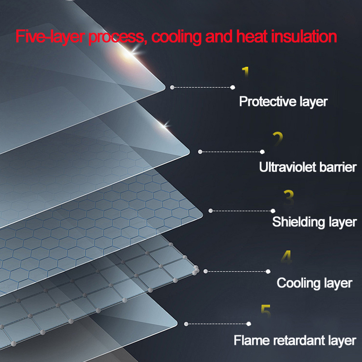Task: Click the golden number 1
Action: (245, 73)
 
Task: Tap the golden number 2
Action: (278, 138)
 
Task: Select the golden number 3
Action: (288, 197)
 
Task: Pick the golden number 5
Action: (266, 312)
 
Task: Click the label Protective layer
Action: (283, 101)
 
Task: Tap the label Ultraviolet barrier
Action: (308, 167)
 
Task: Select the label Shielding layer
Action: (314, 222)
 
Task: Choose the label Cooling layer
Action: (314, 283)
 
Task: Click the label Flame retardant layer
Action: (295, 340)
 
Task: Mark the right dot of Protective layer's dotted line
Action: (233, 87)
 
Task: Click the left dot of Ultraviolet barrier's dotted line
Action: (200, 152)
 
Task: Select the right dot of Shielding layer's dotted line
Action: (273, 211)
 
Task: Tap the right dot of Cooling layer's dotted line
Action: (268, 271)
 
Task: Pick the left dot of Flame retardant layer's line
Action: (186, 324)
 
